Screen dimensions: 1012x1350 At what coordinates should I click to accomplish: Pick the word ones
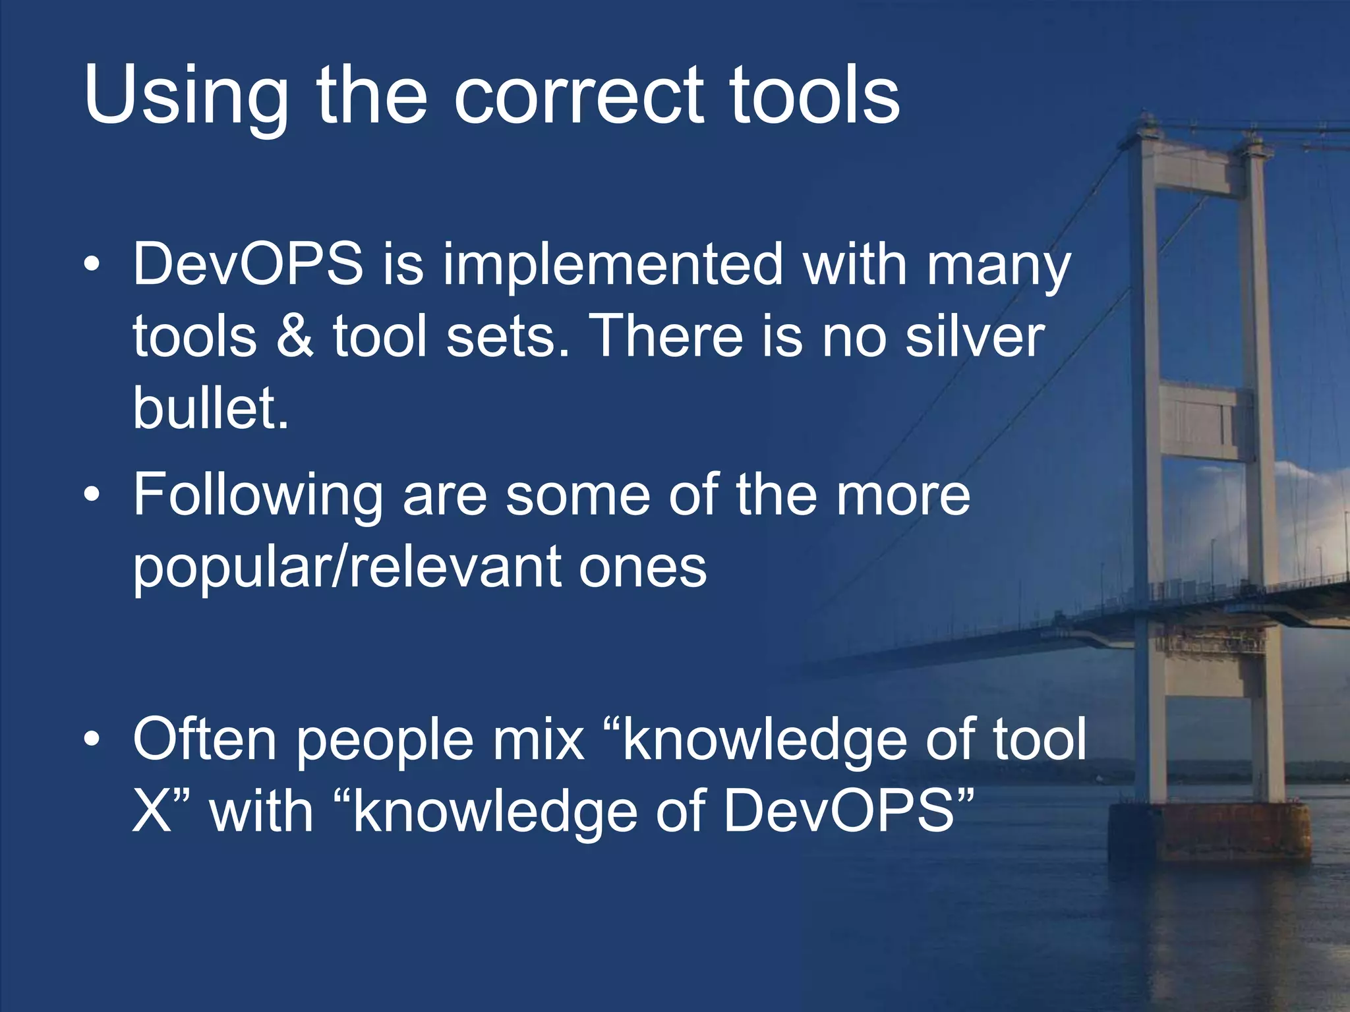(x=643, y=568)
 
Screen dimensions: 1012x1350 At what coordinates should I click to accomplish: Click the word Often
(x=204, y=739)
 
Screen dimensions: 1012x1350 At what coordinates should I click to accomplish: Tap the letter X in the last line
(x=152, y=812)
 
